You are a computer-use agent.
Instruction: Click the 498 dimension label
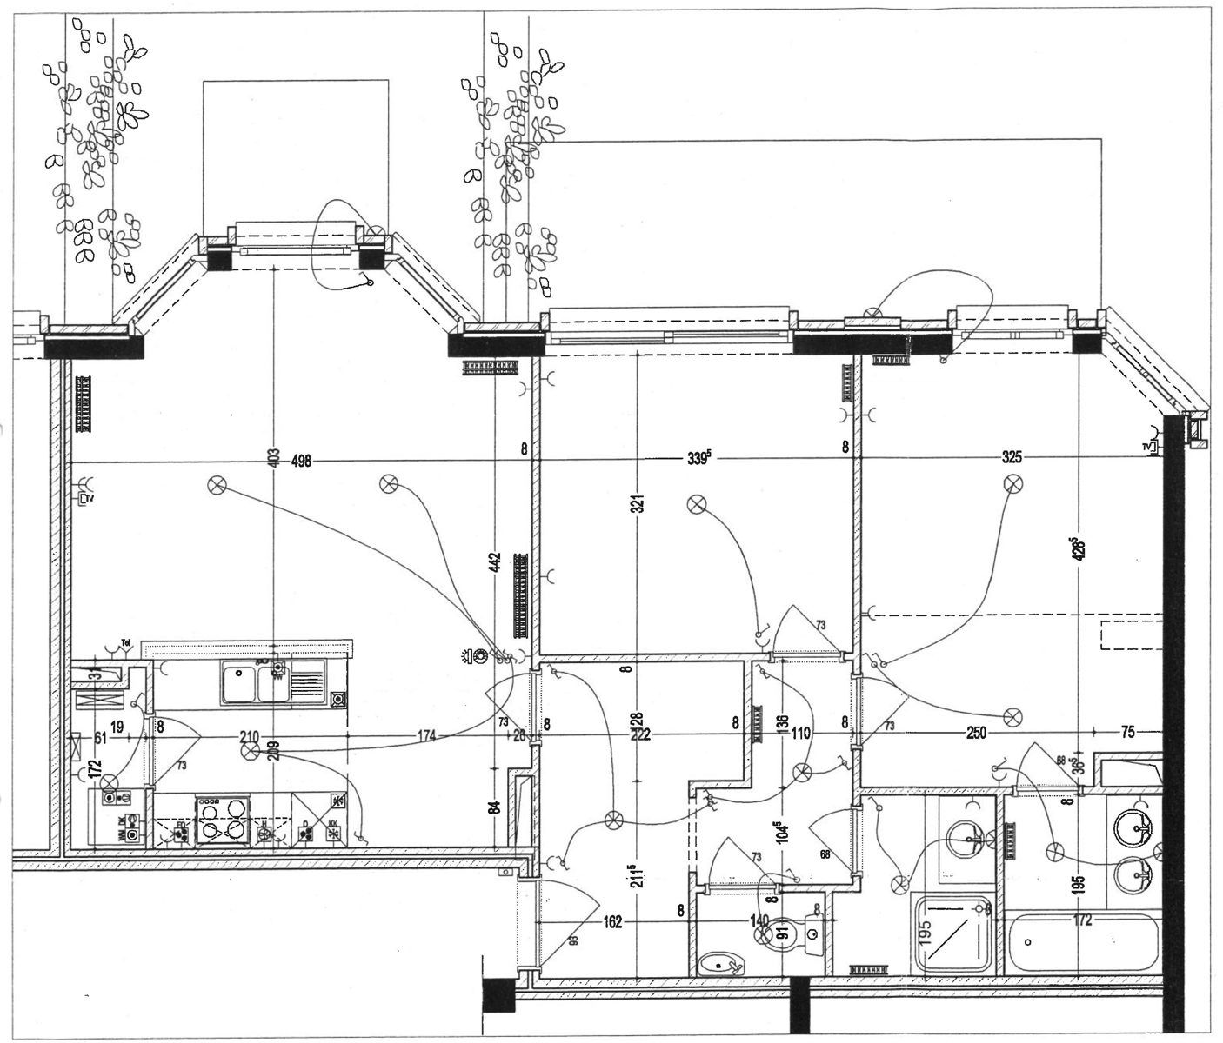301,460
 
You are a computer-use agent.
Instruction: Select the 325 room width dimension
1012,457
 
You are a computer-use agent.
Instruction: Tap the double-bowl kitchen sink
252,681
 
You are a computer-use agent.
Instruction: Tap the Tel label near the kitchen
126,643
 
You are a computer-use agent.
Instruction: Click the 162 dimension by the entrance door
613,922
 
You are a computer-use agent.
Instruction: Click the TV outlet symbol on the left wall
85,498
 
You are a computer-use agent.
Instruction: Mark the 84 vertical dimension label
494,804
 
